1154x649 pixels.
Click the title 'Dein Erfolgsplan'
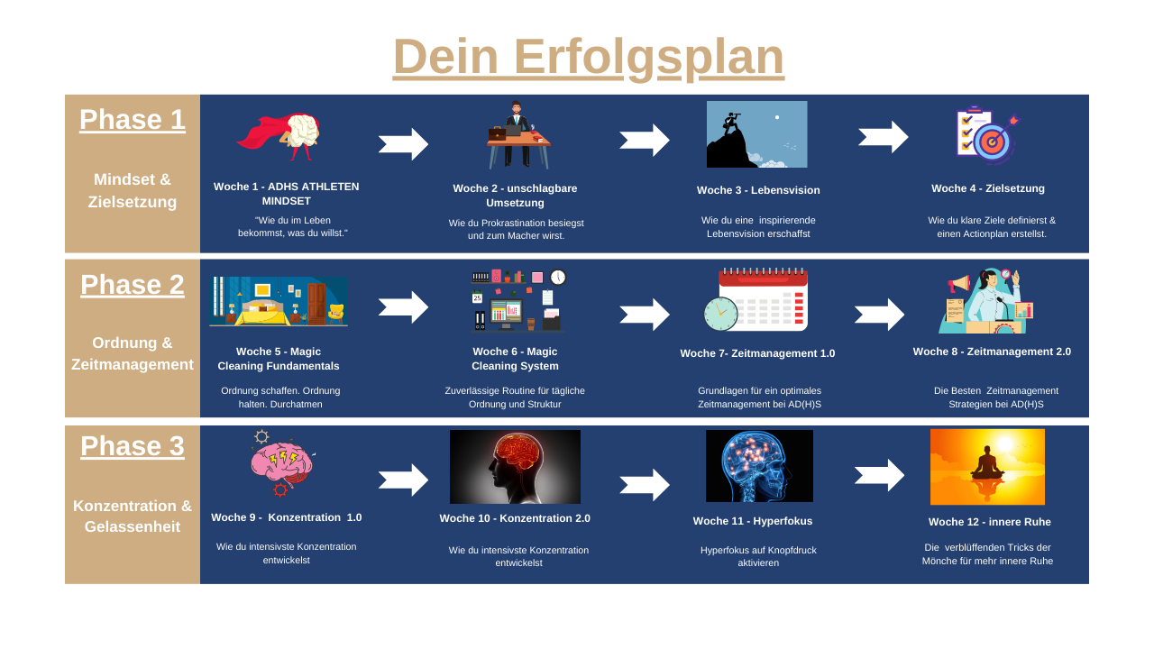[588, 56]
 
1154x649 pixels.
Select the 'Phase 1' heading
[133, 120]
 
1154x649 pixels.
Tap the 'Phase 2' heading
[133, 285]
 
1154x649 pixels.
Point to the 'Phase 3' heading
[133, 446]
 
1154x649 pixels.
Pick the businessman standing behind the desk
[517, 134]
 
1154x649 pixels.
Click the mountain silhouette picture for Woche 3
[756, 134]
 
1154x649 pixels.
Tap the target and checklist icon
[986, 136]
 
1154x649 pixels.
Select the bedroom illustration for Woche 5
[279, 301]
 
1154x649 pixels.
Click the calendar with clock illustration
[757, 300]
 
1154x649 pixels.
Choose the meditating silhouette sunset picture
[987, 466]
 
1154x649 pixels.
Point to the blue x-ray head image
[759, 466]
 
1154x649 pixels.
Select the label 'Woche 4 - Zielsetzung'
[988, 188]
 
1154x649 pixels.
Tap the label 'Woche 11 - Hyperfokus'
[753, 521]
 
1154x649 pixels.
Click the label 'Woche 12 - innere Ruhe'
[989, 522]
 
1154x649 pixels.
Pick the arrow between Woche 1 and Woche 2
[403, 144]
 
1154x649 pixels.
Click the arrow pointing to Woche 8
[879, 315]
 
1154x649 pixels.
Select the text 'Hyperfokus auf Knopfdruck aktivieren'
[758, 556]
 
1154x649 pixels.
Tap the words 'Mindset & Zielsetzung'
[133, 190]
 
